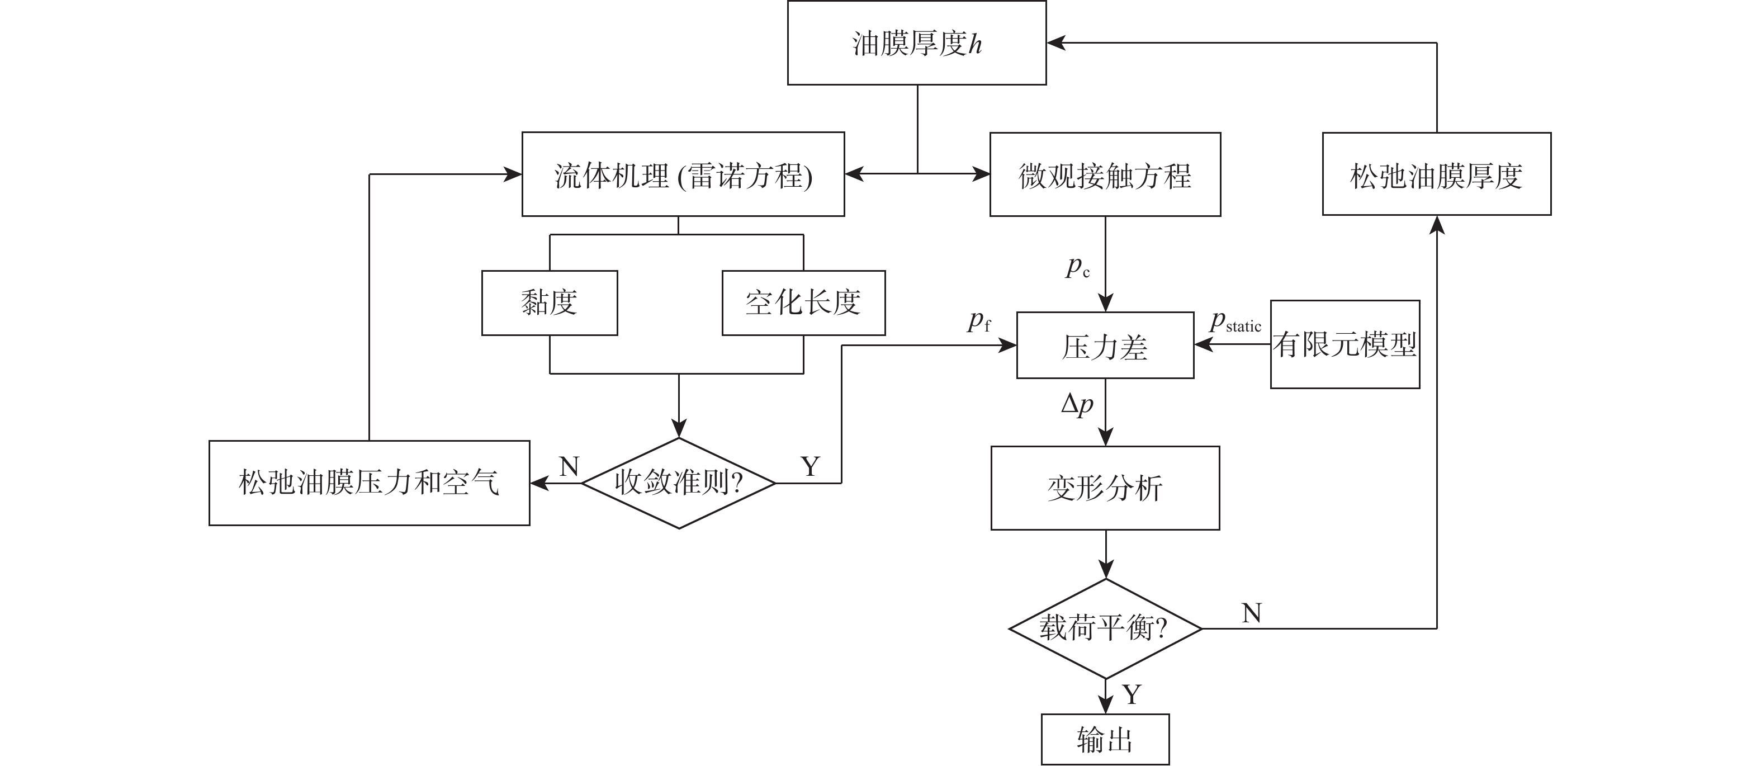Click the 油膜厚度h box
coord(916,43)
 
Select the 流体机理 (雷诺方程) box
coord(683,175)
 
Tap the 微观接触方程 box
coord(1105,175)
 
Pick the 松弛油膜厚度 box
coord(1436,174)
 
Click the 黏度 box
coord(549,303)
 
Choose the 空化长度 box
coord(803,303)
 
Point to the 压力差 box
coord(1105,346)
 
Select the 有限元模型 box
coord(1345,344)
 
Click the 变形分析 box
coord(1105,488)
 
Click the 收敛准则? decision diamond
coord(678,483)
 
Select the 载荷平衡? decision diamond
coord(1105,628)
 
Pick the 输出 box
coord(1105,739)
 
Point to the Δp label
coord(1077,405)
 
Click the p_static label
coord(1234,323)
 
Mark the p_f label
coord(978,321)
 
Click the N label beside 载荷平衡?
coord(1251,613)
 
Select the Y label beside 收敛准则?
coord(810,466)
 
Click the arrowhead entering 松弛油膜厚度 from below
coord(1437,226)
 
